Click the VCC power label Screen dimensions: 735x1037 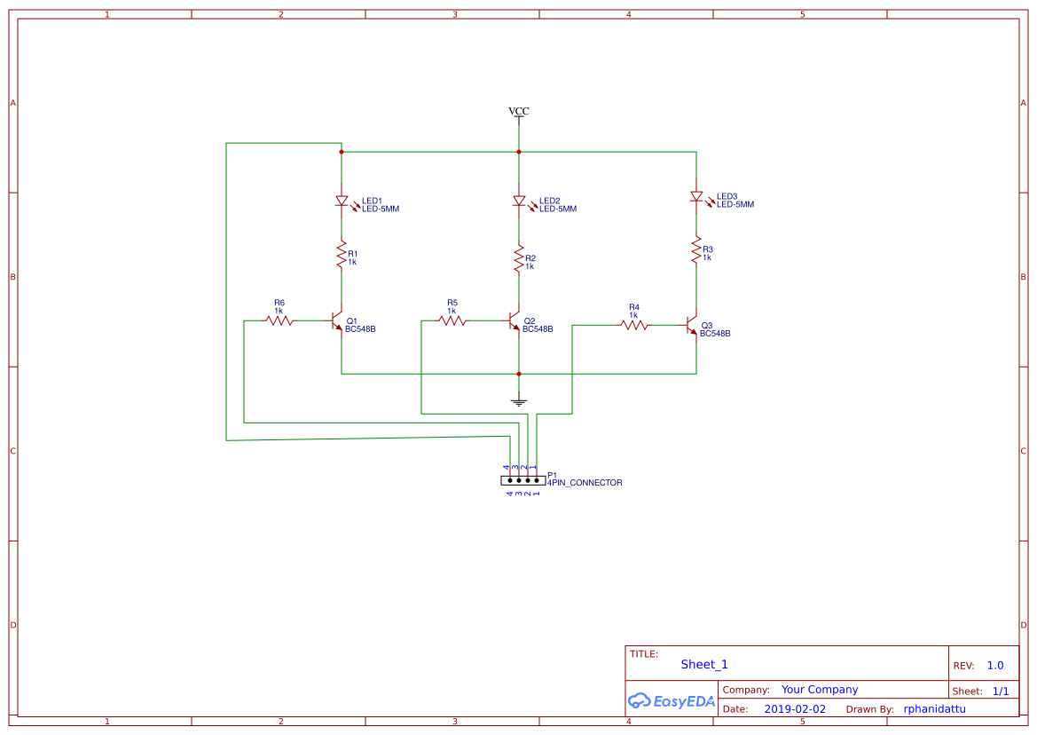[x=519, y=111]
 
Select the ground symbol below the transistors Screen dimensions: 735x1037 [x=519, y=400]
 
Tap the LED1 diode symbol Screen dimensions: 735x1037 [x=342, y=202]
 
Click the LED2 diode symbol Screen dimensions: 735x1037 [x=519, y=202]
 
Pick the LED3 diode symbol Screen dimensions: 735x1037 [x=696, y=196]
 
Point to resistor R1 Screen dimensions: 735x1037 [x=342, y=255]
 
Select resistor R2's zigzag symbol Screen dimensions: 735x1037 [x=519, y=259]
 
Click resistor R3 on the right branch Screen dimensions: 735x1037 [x=696, y=250]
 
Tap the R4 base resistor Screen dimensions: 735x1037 [x=634, y=326]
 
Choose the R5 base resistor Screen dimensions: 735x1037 [x=452, y=320]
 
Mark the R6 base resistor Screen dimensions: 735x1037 [x=279, y=320]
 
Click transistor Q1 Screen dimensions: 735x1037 [x=338, y=320]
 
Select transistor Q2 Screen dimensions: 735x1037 [x=515, y=320]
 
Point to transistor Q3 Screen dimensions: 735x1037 [x=693, y=326]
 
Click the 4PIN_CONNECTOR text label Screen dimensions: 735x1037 [x=585, y=483]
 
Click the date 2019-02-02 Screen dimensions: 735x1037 [x=795, y=709]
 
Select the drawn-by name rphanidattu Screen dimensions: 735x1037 [x=934, y=709]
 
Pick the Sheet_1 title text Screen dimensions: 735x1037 [x=704, y=664]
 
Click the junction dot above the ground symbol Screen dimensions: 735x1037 [x=519, y=374]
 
